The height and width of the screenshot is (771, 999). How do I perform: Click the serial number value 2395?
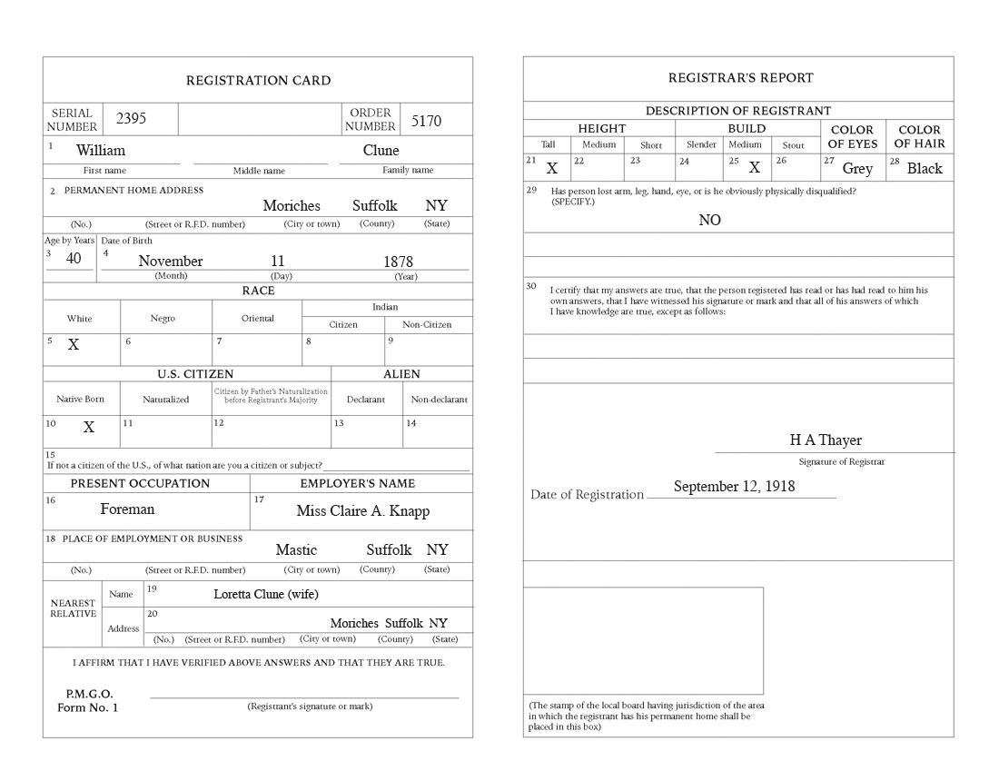point(130,119)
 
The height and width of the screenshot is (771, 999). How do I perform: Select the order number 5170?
point(426,120)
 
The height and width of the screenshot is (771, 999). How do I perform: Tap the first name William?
point(101,150)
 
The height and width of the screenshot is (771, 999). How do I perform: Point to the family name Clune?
point(381,150)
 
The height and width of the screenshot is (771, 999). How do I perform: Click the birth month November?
point(170,261)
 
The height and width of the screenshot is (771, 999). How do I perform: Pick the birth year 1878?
point(398,262)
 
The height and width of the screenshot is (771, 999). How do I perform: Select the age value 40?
point(74,258)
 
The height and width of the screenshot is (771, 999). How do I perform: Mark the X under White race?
point(74,345)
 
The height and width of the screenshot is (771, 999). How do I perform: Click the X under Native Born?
point(89,427)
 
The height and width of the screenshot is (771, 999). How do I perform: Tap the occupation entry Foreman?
point(127,509)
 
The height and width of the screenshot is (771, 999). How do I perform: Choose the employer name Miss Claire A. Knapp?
point(363,510)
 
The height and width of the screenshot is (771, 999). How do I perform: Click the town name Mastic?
point(296,549)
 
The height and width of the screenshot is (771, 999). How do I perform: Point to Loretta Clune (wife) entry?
point(266,594)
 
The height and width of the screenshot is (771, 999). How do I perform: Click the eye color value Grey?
point(857,168)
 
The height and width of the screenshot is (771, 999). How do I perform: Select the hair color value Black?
point(925,168)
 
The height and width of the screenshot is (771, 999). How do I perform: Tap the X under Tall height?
point(552,168)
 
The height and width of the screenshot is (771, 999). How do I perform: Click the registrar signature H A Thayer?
point(826,440)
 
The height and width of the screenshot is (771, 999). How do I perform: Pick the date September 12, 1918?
point(734,486)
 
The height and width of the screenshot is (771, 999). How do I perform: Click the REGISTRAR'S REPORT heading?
point(741,77)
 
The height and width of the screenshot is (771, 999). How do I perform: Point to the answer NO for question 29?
point(709,220)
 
